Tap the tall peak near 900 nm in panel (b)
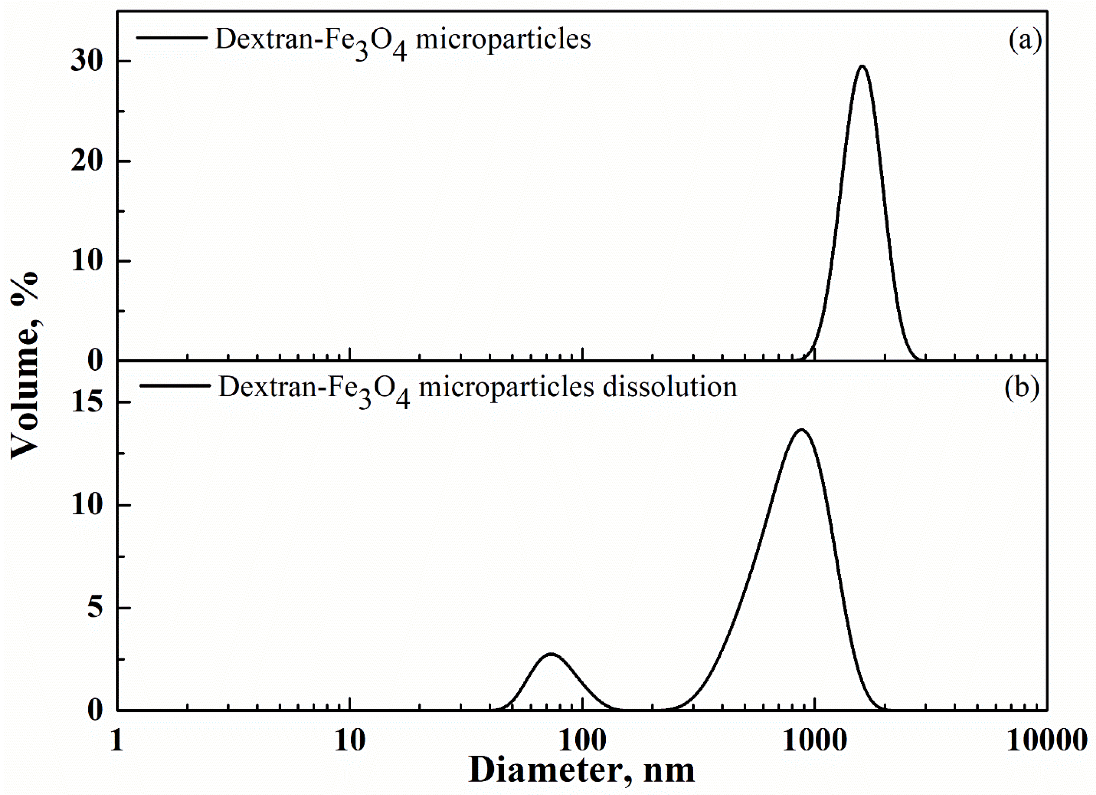pos(802,430)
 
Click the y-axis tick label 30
pos(87,61)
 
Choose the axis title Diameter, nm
pos(582,770)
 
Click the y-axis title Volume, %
pos(24,365)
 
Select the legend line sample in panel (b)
pos(175,385)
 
